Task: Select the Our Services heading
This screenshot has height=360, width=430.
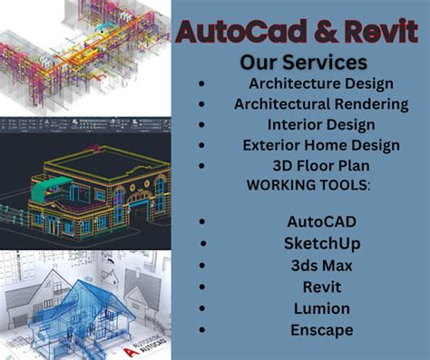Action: point(303,63)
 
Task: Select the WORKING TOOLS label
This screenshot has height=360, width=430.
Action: point(295,185)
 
